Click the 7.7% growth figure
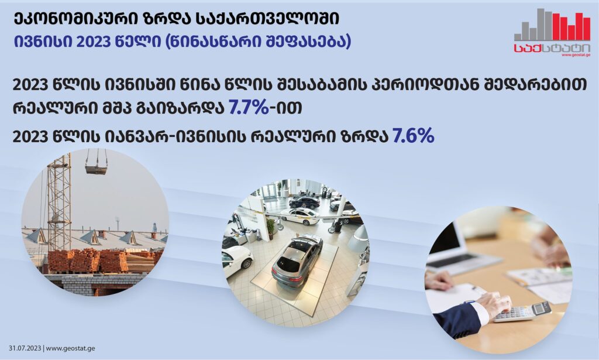click(x=249, y=107)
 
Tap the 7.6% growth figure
click(x=414, y=136)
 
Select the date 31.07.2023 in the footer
click(x=25, y=348)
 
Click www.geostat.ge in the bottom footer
click(x=70, y=348)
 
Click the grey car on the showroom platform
click(x=297, y=260)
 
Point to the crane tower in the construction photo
click(x=59, y=203)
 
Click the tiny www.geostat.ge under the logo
click(x=576, y=55)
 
